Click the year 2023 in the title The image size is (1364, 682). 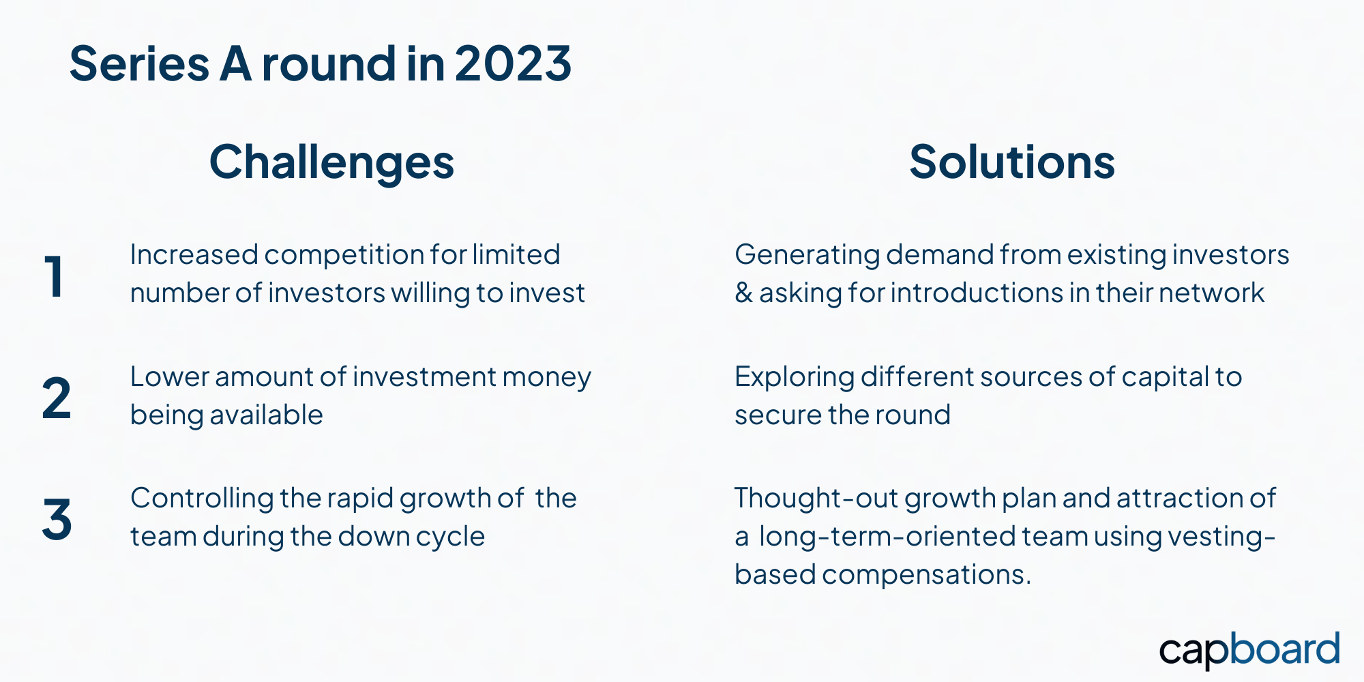click(513, 63)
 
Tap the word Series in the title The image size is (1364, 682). click(139, 63)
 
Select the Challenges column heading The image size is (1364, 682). click(331, 164)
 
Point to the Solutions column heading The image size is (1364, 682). click(1012, 162)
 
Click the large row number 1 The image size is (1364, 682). click(55, 276)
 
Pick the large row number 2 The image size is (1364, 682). click(57, 398)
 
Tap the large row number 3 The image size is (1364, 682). click(57, 519)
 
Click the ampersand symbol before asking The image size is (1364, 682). click(743, 293)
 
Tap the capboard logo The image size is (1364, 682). click(1249, 650)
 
